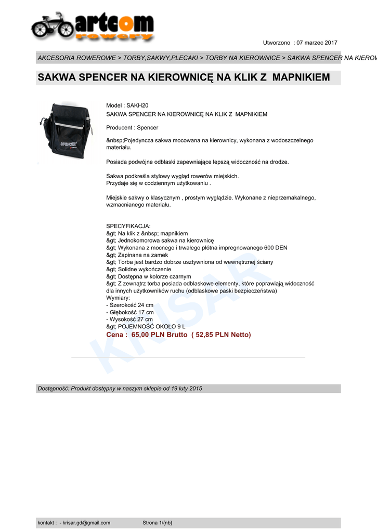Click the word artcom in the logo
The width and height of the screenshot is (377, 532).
114,23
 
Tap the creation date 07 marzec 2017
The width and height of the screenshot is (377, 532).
317,43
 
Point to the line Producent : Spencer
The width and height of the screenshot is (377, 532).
132,127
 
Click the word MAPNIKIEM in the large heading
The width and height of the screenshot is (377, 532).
301,77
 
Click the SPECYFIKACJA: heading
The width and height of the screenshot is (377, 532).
128,226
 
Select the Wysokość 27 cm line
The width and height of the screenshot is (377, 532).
129,320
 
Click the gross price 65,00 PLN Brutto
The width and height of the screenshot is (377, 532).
159,335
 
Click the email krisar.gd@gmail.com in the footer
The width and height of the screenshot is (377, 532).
86,523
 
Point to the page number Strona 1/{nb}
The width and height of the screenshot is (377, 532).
157,523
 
